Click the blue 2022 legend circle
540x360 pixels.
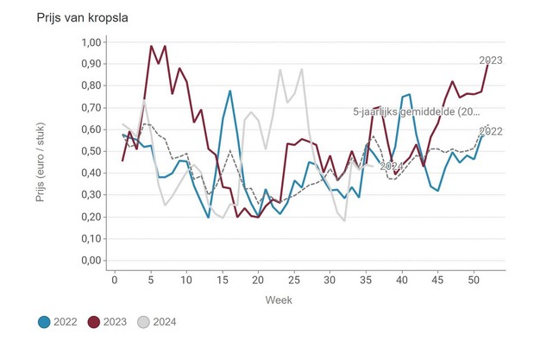pos(44,322)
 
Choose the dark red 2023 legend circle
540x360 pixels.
pos(95,322)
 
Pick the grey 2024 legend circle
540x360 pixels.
pos(145,322)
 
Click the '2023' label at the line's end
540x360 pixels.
pos(491,60)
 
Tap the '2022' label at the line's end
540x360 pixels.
pos(491,132)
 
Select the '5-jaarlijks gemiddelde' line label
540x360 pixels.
pos(416,112)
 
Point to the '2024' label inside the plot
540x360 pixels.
pos(392,166)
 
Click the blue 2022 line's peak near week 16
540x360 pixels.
pos(230,91)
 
